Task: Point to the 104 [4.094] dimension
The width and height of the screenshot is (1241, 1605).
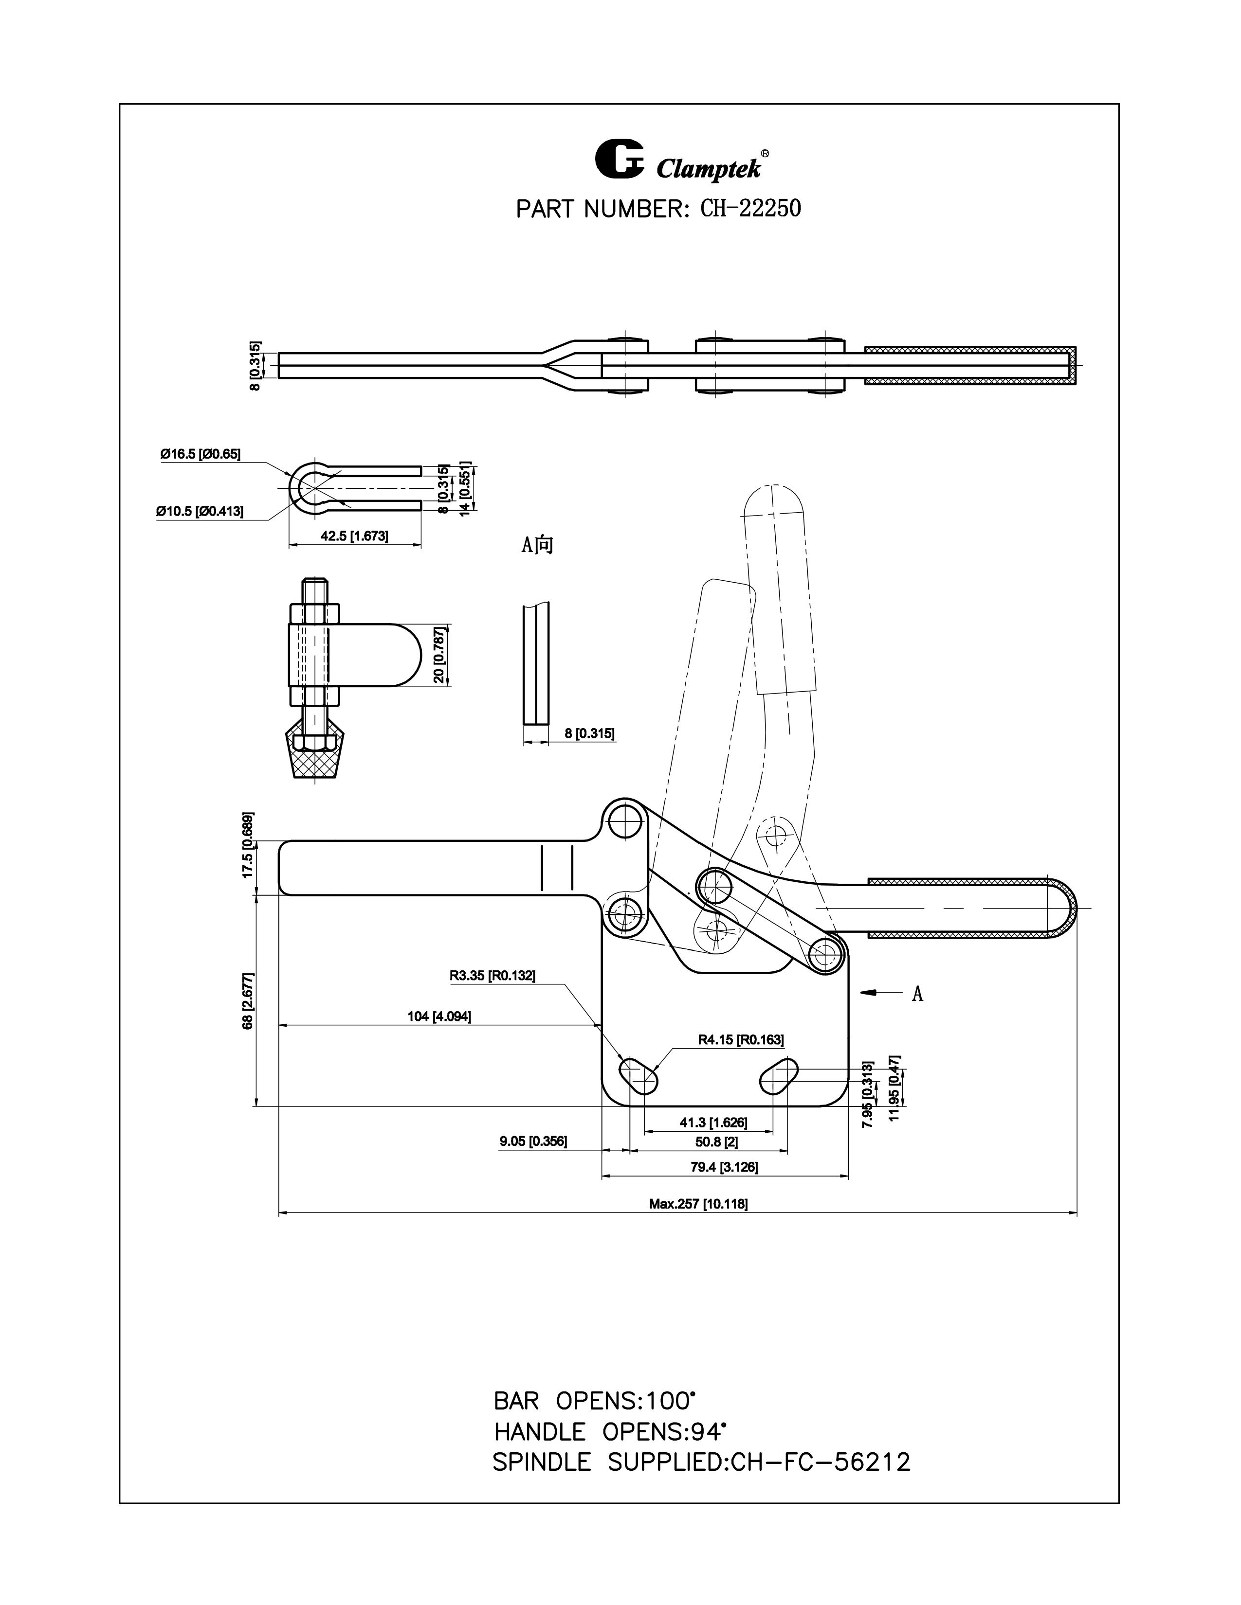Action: coord(439,1016)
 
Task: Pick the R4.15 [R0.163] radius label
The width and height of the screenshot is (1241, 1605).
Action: coord(740,1040)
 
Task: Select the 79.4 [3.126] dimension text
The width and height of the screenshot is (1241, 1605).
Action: coord(724,1166)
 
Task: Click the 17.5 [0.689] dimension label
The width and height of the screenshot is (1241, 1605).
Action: coord(249,845)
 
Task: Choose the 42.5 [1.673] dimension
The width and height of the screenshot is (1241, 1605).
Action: coord(354,536)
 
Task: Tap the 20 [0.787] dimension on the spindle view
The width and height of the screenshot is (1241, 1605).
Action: coord(439,655)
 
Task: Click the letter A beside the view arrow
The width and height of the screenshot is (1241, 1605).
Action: coord(917,994)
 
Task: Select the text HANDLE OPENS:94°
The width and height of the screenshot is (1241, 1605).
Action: coord(610,1431)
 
